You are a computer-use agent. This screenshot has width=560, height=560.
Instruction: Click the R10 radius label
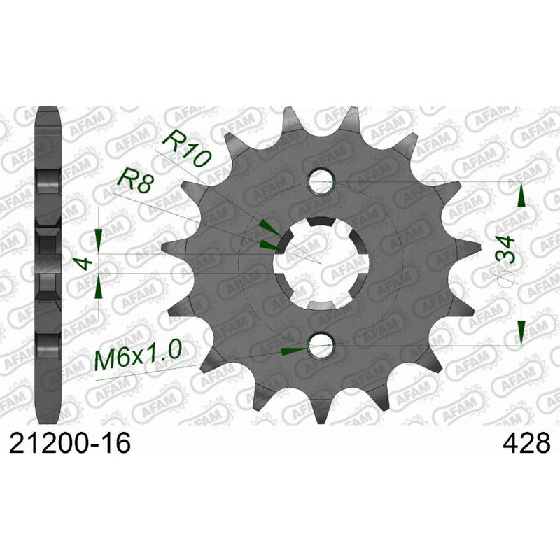click(x=185, y=148)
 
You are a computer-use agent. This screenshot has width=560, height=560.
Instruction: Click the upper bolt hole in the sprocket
click(x=321, y=180)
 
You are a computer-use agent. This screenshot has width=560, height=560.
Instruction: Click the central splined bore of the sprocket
click(x=321, y=262)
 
